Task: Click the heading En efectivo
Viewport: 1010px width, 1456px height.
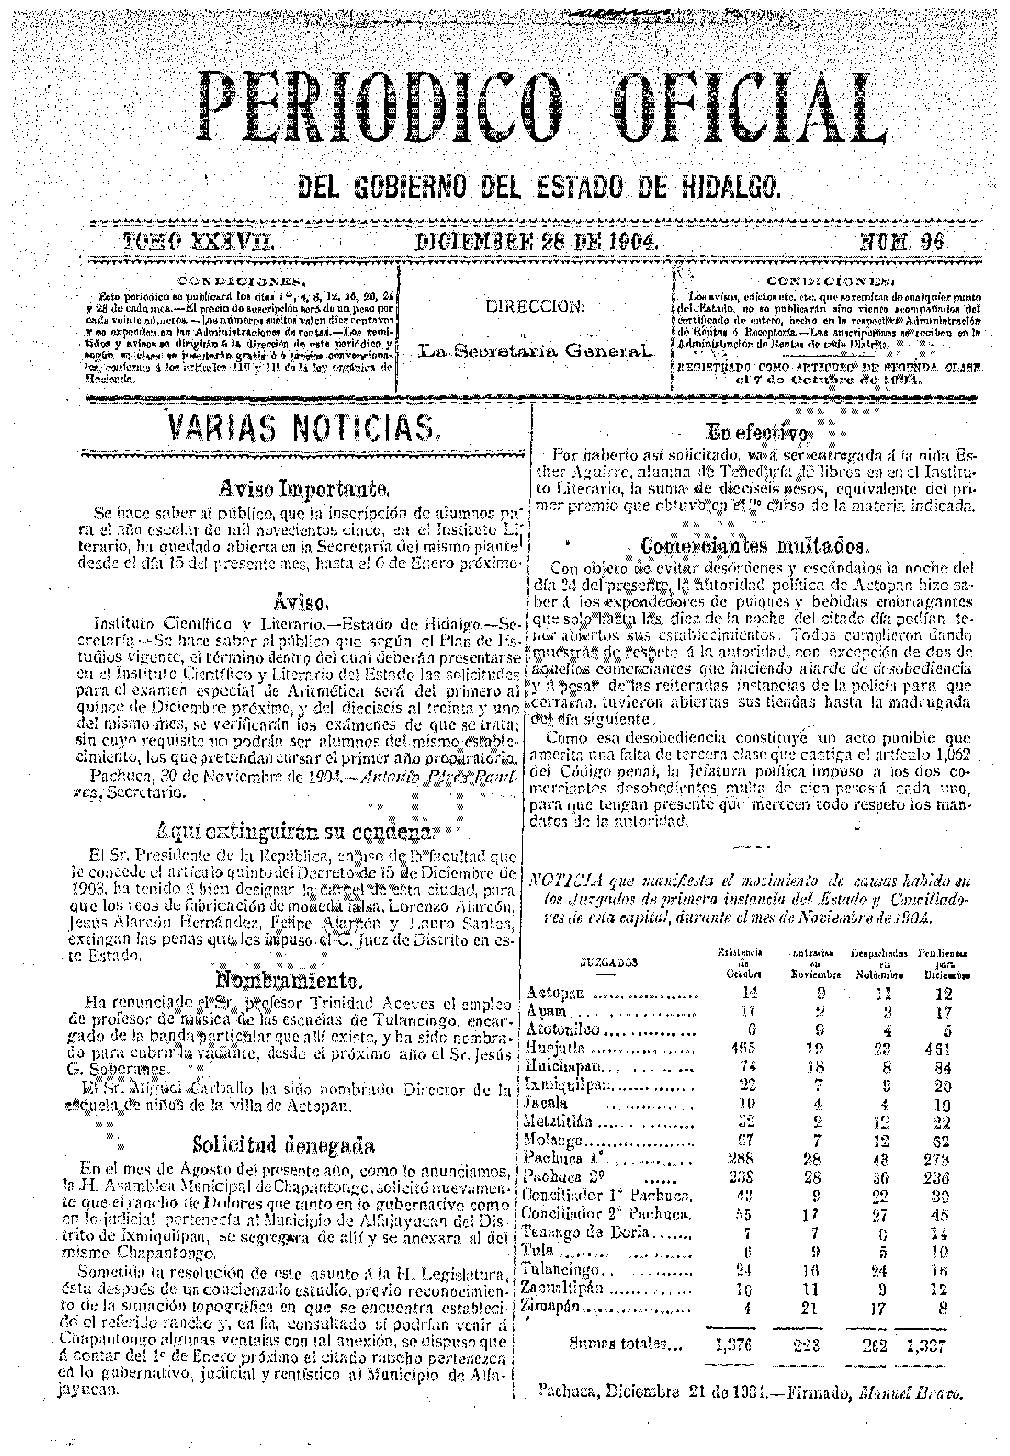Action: (x=759, y=433)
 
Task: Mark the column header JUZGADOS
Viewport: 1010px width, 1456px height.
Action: (x=608, y=963)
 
